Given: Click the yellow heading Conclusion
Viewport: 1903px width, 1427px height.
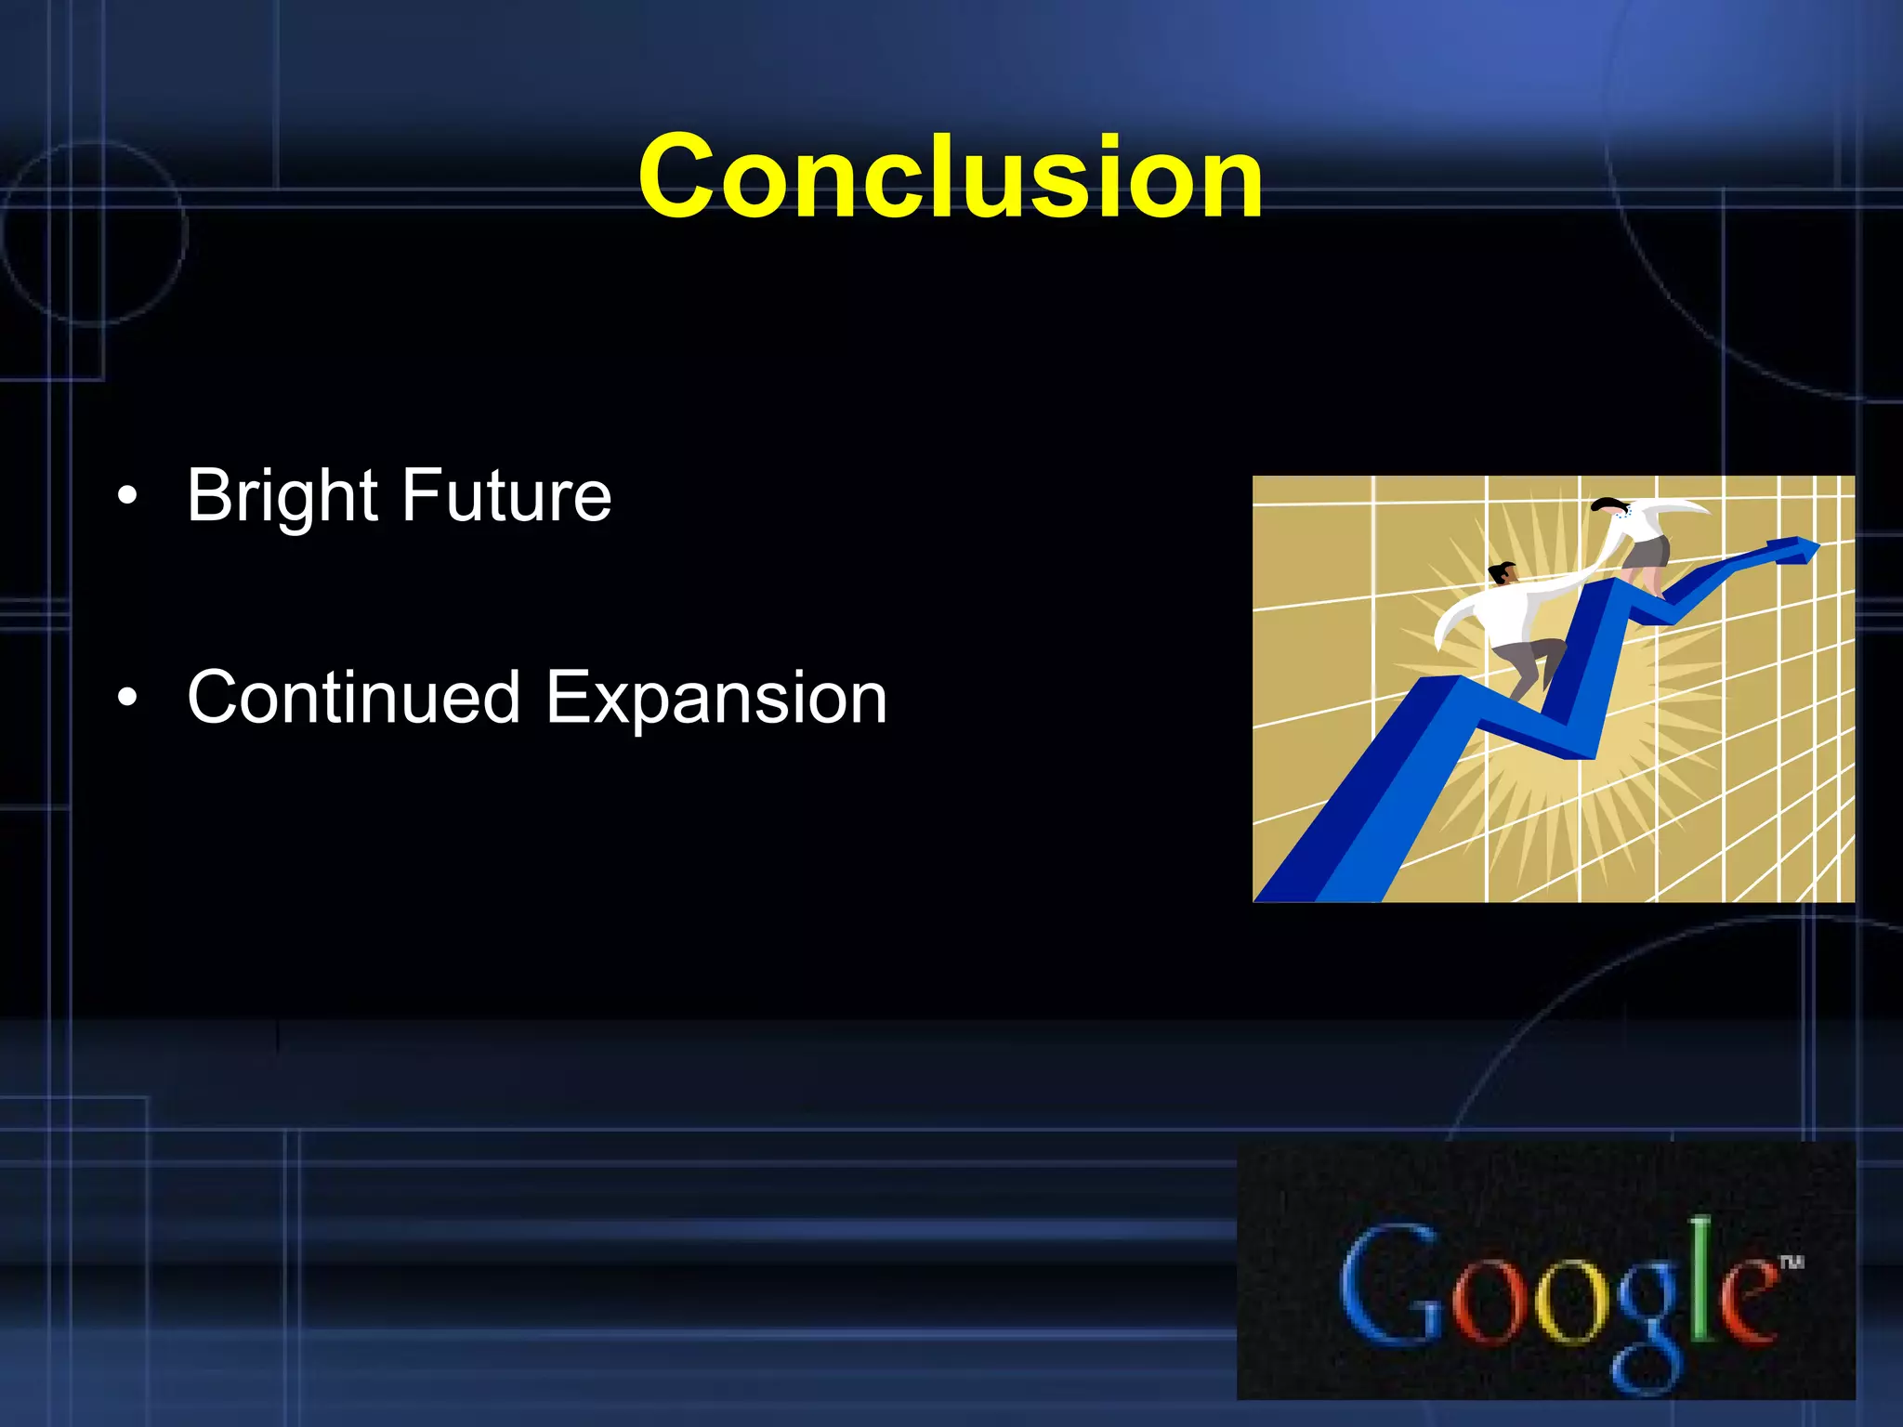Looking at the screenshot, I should (950, 177).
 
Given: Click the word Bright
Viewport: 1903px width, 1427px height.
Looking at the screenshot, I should (282, 497).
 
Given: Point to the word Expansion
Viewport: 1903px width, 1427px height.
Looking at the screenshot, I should (715, 699).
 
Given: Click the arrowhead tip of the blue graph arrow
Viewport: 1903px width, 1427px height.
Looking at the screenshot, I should (1812, 547).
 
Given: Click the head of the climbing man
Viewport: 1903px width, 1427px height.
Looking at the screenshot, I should (1502, 572).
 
